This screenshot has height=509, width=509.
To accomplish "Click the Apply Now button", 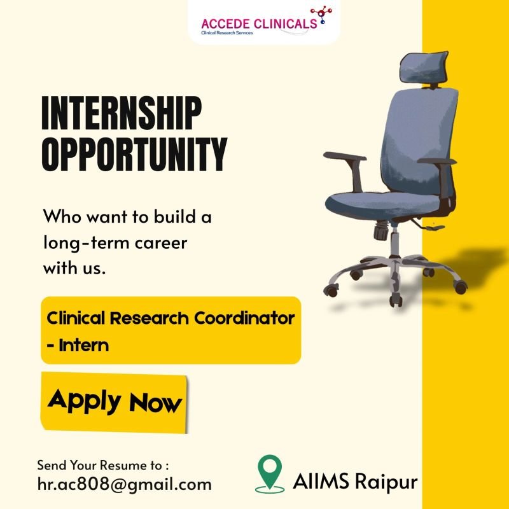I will (115, 401).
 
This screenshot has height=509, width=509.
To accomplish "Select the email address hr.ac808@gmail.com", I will (124, 484).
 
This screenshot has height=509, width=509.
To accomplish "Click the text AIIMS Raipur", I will (355, 481).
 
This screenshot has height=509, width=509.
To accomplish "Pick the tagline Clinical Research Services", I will (227, 32).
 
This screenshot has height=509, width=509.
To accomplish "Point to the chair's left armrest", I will (344, 157).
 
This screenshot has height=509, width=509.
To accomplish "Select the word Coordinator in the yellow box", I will (253, 317).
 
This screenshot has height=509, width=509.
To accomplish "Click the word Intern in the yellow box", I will (83, 346).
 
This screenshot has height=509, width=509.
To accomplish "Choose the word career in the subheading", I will (165, 243).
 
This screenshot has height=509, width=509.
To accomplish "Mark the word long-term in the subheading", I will (80, 243).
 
